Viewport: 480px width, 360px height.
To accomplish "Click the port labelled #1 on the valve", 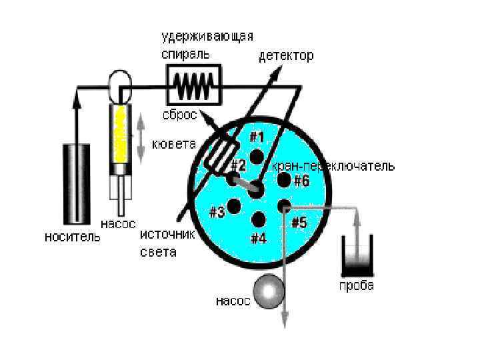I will pos(257,155).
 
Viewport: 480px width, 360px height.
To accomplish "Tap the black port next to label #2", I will pos(233,179).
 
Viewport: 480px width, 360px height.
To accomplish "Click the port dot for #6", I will pos(284,180).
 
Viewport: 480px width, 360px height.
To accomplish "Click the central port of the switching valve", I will pos(257,189).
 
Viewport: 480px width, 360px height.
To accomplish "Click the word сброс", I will pos(180,115).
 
